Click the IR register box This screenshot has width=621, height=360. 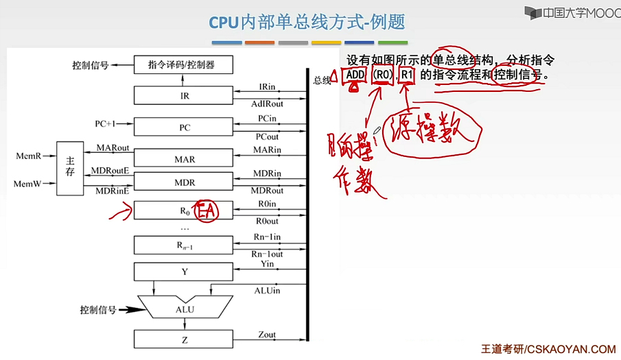point(184,96)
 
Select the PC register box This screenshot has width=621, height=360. point(184,128)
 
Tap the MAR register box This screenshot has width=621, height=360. point(184,159)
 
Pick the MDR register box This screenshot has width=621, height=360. point(184,182)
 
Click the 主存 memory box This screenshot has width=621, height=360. point(69,169)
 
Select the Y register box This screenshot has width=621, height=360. point(184,272)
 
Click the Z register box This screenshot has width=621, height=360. point(184,339)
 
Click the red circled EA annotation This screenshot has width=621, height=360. point(207,211)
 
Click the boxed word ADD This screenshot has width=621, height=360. point(355,75)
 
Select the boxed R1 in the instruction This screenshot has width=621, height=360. point(407,75)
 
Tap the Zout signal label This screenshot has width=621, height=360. point(267,335)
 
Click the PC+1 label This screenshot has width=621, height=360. point(105,124)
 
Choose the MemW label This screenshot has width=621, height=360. point(28,184)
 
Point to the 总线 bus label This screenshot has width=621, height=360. point(322,80)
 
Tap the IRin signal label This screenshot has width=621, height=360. point(267,87)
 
